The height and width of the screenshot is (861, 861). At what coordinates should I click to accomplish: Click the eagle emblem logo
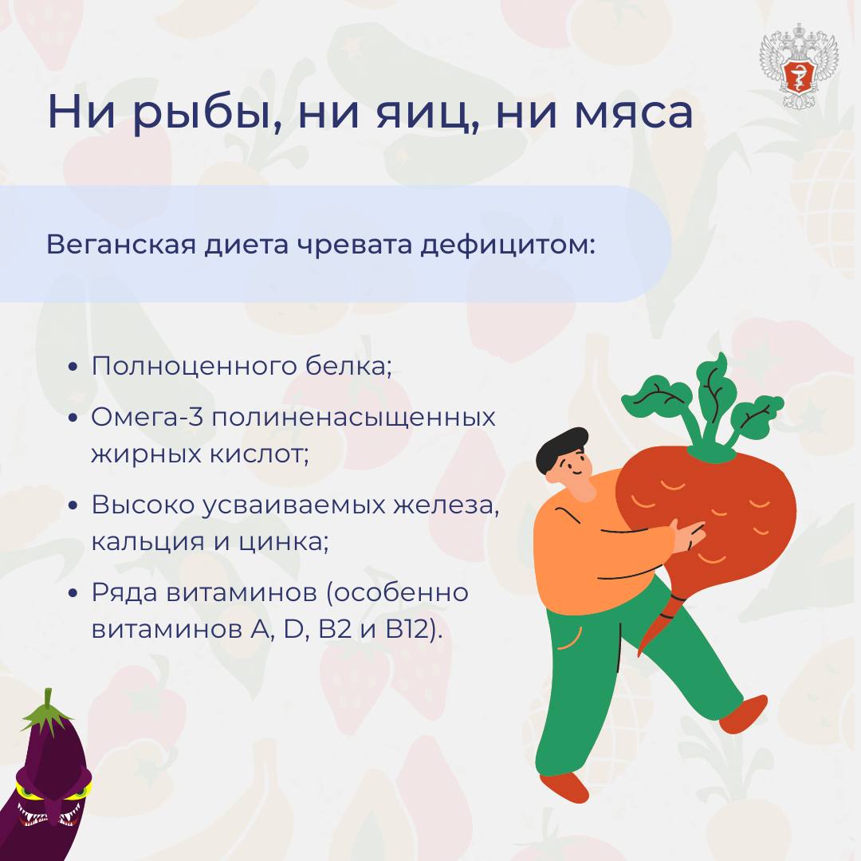[798, 66]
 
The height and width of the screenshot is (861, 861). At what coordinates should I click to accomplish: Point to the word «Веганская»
[121, 245]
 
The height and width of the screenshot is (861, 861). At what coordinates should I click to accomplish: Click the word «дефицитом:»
[508, 246]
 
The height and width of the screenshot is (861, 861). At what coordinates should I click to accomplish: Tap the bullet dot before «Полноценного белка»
[73, 367]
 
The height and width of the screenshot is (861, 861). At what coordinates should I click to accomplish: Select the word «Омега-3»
[147, 417]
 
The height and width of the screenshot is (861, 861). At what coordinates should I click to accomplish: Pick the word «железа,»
[446, 505]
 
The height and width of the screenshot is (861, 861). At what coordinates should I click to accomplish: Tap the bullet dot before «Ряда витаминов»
[73, 593]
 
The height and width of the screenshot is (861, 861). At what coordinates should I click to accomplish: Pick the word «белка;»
[349, 366]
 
